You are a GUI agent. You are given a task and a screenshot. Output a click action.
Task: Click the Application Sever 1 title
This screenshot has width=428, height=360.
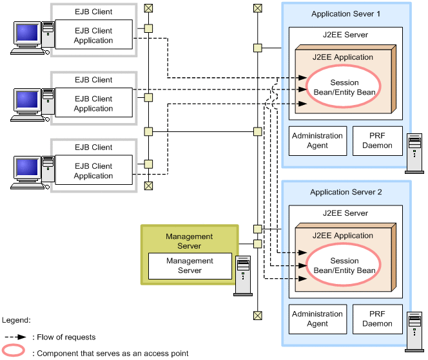345,14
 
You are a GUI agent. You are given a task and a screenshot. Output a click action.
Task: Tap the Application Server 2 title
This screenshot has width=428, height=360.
345,192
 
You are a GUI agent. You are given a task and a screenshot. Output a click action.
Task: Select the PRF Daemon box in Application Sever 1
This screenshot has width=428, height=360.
377,140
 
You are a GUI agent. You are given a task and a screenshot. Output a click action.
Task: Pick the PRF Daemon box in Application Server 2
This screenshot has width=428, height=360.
377,319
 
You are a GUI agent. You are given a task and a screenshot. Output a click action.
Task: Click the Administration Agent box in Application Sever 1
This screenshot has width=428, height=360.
317,140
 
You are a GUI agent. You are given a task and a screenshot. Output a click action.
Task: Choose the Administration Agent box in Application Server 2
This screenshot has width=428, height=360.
317,319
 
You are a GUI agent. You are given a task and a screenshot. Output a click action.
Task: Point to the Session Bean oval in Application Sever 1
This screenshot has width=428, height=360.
344,88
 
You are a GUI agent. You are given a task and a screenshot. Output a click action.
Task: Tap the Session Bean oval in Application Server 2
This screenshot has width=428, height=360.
344,266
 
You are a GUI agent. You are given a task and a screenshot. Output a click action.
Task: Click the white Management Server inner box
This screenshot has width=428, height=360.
190,266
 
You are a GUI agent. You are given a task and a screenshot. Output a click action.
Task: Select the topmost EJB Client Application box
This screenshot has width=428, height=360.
93,35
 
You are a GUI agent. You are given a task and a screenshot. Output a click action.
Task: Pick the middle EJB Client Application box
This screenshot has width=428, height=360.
93,104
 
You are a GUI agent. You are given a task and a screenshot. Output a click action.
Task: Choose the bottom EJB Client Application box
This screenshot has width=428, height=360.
93,171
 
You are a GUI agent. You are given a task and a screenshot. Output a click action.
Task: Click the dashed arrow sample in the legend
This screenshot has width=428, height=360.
14,337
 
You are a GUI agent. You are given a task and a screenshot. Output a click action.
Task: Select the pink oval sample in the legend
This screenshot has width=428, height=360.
14,352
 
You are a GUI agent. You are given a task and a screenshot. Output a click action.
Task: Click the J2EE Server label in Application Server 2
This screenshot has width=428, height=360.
345,213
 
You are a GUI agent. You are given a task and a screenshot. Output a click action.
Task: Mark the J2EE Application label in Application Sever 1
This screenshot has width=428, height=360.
342,57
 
